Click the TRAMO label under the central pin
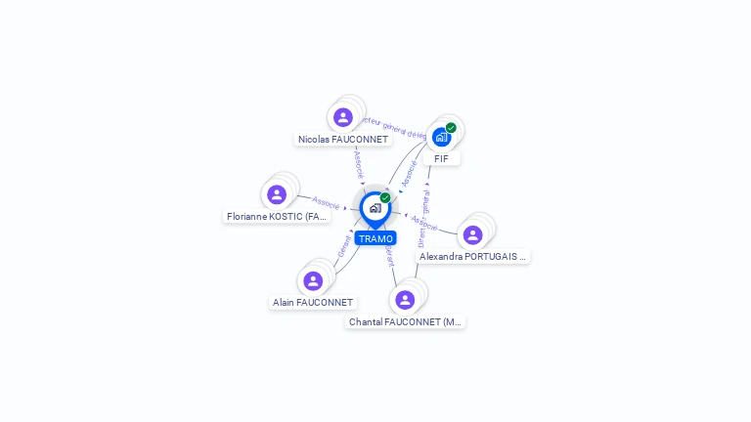pos(375,238)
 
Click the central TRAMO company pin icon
pos(375,208)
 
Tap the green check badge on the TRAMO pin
pos(385,198)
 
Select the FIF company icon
pos(441,137)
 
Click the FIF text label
pos(441,158)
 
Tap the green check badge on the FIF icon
pos(451,128)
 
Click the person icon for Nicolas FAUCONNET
pos(342,118)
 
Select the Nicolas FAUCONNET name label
pos(343,140)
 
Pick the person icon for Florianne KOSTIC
pos(277,194)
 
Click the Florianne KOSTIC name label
pos(277,217)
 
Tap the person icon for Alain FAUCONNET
pos(313,281)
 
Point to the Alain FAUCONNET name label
pos(313,303)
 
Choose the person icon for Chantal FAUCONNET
pos(405,300)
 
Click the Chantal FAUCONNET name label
pos(405,321)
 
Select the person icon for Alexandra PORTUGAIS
pos(472,235)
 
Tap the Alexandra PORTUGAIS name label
pos(473,257)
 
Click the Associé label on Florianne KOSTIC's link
pos(326,202)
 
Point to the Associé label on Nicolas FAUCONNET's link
pos(359,162)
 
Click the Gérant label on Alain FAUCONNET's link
pos(344,245)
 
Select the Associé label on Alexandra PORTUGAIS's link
pos(424,222)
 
